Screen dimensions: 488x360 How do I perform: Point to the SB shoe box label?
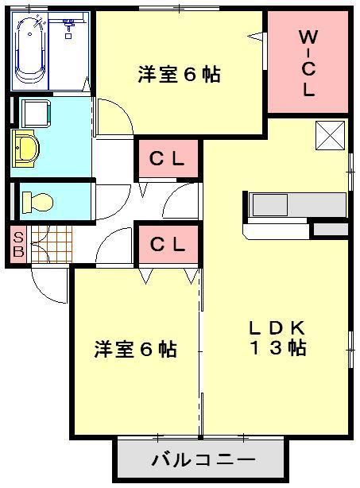17,242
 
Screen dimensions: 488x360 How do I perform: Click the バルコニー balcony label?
203,460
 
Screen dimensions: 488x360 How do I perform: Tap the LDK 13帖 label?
277,339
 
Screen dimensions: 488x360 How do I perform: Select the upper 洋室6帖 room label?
179,76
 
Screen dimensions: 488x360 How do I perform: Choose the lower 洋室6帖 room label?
136,349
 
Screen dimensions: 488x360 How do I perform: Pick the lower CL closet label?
168,245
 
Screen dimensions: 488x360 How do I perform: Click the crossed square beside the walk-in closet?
331,135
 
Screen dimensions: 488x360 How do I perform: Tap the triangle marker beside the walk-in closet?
256,36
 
